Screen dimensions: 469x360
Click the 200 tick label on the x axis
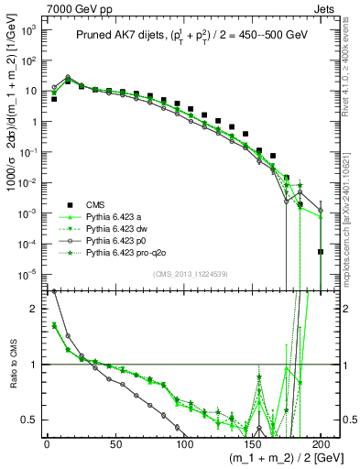click(321, 446)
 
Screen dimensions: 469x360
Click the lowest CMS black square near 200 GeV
click(321, 252)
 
